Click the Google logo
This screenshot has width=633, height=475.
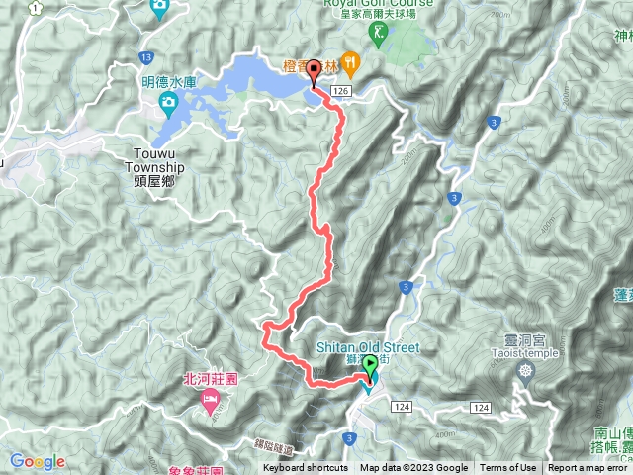tap(38, 461)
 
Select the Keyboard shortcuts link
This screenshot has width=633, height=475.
tap(306, 468)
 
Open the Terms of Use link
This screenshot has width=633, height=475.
tap(508, 468)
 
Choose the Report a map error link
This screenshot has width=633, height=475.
tap(589, 468)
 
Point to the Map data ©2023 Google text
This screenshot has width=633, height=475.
tap(413, 468)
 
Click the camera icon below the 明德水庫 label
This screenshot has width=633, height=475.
tap(168, 102)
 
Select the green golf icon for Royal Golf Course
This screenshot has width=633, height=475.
tap(378, 33)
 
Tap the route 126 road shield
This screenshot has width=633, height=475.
tap(342, 90)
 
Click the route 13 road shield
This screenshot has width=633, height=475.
tap(146, 57)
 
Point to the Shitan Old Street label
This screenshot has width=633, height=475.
tap(369, 347)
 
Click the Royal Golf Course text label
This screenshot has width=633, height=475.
tap(378, 4)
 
